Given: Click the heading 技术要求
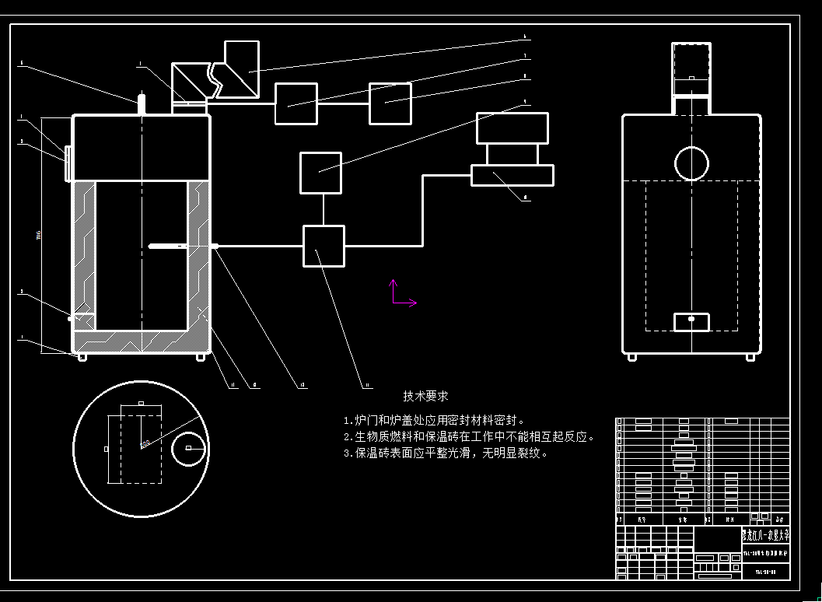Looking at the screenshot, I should click(425, 397).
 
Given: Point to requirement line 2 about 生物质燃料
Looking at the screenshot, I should click(469, 437).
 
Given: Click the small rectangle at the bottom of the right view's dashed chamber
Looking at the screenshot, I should click(691, 320).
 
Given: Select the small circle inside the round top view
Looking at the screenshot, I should click(188, 448).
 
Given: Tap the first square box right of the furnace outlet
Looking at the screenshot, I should click(296, 103).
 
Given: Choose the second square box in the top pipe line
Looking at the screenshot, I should click(390, 103).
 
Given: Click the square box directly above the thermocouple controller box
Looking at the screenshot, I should click(320, 173).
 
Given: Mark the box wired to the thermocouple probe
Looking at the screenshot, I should click(324, 246).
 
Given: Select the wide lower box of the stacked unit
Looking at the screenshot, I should click(512, 175).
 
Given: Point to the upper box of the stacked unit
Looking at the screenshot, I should click(512, 128).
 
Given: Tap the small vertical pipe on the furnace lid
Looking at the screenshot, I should click(142, 104).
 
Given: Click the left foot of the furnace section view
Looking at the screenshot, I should click(81, 357).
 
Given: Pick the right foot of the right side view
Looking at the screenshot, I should click(750, 357).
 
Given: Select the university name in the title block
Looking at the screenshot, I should click(765, 535).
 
